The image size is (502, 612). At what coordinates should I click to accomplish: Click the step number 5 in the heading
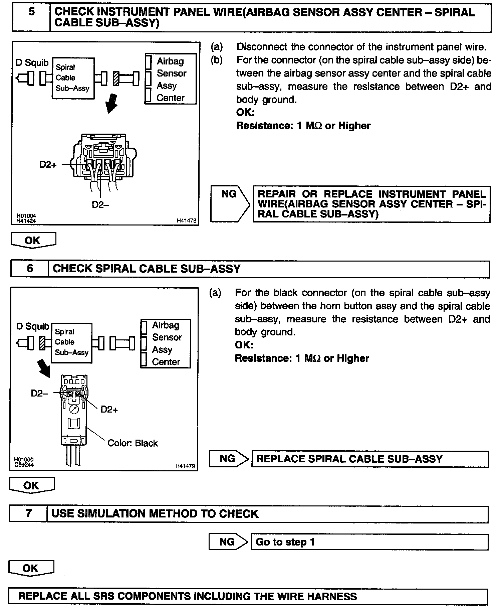pyautogui.click(x=31, y=12)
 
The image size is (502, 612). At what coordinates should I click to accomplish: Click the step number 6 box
pyautogui.click(x=30, y=269)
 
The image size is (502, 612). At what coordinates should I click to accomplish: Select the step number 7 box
pyautogui.click(x=28, y=513)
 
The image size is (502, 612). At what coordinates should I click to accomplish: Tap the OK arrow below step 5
pyautogui.click(x=33, y=240)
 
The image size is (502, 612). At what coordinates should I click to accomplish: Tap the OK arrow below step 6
pyautogui.click(x=32, y=485)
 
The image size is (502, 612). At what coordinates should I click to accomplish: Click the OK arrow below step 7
pyautogui.click(x=31, y=568)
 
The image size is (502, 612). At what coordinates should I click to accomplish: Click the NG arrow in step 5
pyautogui.click(x=230, y=204)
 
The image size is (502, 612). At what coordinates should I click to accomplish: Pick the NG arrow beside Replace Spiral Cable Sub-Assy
pyautogui.click(x=228, y=459)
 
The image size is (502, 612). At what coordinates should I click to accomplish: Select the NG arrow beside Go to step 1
pyautogui.click(x=228, y=542)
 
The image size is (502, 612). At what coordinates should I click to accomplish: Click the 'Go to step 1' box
pyautogui.click(x=369, y=542)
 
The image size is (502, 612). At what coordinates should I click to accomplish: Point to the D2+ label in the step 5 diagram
pyautogui.click(x=48, y=164)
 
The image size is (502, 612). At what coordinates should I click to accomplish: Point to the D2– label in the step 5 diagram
pyautogui.click(x=100, y=205)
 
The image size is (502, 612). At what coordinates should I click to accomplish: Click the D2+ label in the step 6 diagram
pyautogui.click(x=109, y=410)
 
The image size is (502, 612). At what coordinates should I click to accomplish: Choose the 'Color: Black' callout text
pyautogui.click(x=132, y=443)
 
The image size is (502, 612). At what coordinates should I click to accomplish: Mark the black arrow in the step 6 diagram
pyautogui.click(x=44, y=368)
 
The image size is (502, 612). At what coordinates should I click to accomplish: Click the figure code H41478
pyautogui.click(x=186, y=220)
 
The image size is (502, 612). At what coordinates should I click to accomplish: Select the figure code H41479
pyautogui.click(x=185, y=466)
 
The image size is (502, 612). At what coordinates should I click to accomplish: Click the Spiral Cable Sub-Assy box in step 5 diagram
pyautogui.click(x=73, y=78)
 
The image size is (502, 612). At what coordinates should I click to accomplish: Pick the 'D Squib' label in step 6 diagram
pyautogui.click(x=32, y=326)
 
